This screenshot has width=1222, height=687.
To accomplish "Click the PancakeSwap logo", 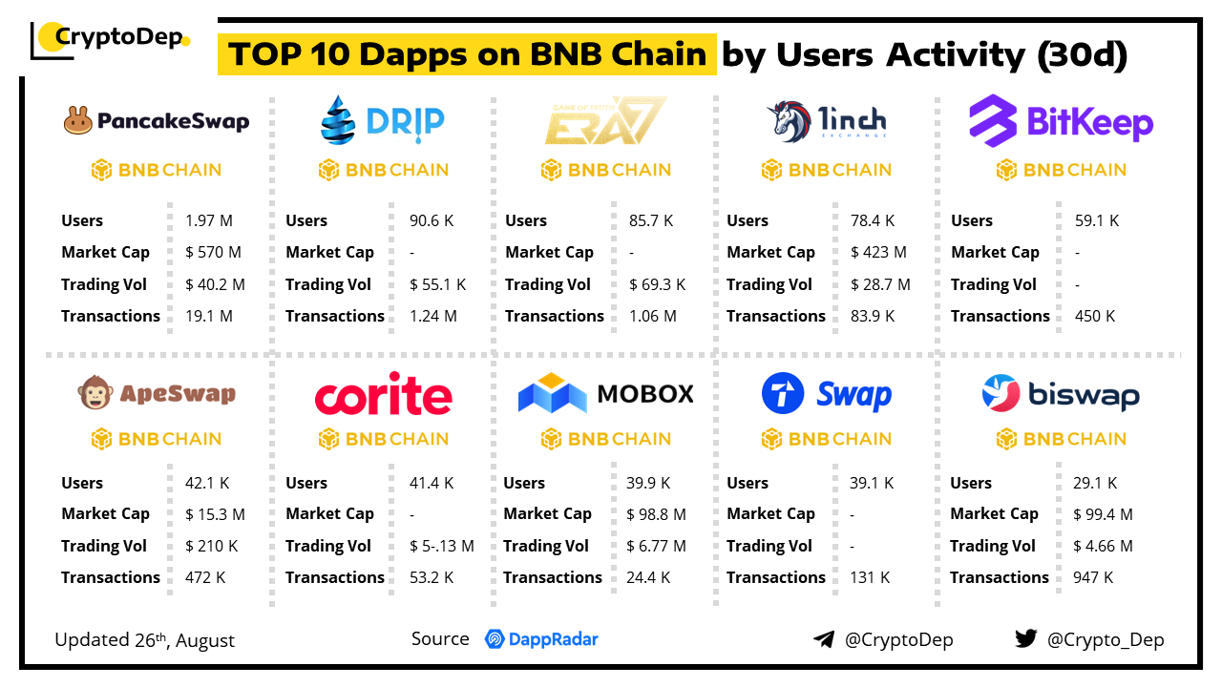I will pos(156,121).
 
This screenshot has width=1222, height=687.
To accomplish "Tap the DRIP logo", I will pos(382,119).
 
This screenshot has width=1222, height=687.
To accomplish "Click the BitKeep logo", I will pos(1061,120).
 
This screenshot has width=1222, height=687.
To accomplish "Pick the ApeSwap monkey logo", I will pos(156,393).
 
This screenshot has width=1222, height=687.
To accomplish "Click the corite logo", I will pos(383,396).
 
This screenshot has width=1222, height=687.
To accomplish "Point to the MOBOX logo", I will pos(605,393).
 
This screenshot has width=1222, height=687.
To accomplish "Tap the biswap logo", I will pos(1061,394).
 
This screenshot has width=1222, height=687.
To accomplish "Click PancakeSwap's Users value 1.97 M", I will pos(209,220).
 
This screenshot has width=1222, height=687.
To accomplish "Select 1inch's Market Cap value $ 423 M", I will pos(880,253).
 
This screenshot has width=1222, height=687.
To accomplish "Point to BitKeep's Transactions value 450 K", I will pos(1097,316).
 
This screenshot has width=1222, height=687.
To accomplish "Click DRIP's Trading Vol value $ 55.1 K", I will pos(437,284).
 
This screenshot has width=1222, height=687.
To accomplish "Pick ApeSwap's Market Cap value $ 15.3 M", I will pos(215,514).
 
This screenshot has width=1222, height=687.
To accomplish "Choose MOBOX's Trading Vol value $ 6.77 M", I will pos(656,546).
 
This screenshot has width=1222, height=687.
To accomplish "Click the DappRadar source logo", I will pos(541,639).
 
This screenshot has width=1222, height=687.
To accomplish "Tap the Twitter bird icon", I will pos(1026,638).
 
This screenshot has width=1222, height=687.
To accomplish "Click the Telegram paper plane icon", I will pos(823,639).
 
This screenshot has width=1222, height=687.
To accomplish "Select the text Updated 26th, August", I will pos(144,639).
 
